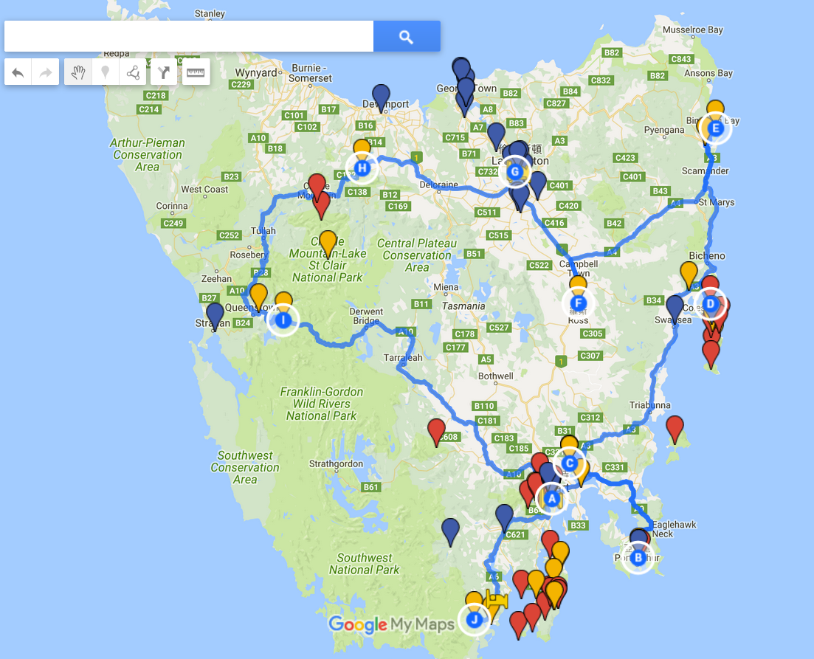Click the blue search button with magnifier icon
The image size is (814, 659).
pyautogui.click(x=407, y=36)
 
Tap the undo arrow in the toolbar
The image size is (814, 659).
pyautogui.click(x=18, y=72)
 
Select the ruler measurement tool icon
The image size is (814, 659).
pyautogui.click(x=196, y=72)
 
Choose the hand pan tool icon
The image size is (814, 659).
pyautogui.click(x=78, y=72)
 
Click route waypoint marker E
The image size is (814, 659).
pyautogui.click(x=714, y=129)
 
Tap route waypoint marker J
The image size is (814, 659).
pyautogui.click(x=475, y=619)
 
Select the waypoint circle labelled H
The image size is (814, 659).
pyautogui.click(x=362, y=168)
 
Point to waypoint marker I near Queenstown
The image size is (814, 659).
pyautogui.click(x=283, y=320)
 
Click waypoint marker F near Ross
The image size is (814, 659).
pyautogui.click(x=578, y=303)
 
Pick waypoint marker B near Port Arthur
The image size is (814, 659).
pyautogui.click(x=638, y=558)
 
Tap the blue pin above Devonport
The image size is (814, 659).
pyautogui.click(x=381, y=96)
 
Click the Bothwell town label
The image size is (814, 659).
pyautogui.click(x=495, y=376)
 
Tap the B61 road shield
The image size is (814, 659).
pyautogui.click(x=371, y=487)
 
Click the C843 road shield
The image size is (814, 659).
pyautogui.click(x=681, y=59)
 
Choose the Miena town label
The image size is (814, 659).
pyautogui.click(x=446, y=287)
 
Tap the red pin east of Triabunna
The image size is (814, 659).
pyautogui.click(x=675, y=428)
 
